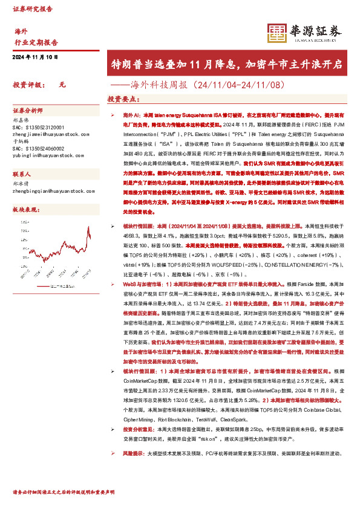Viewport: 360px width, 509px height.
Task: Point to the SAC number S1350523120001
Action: pos(38,128)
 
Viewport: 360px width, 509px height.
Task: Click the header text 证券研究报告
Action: pos(31,8)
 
